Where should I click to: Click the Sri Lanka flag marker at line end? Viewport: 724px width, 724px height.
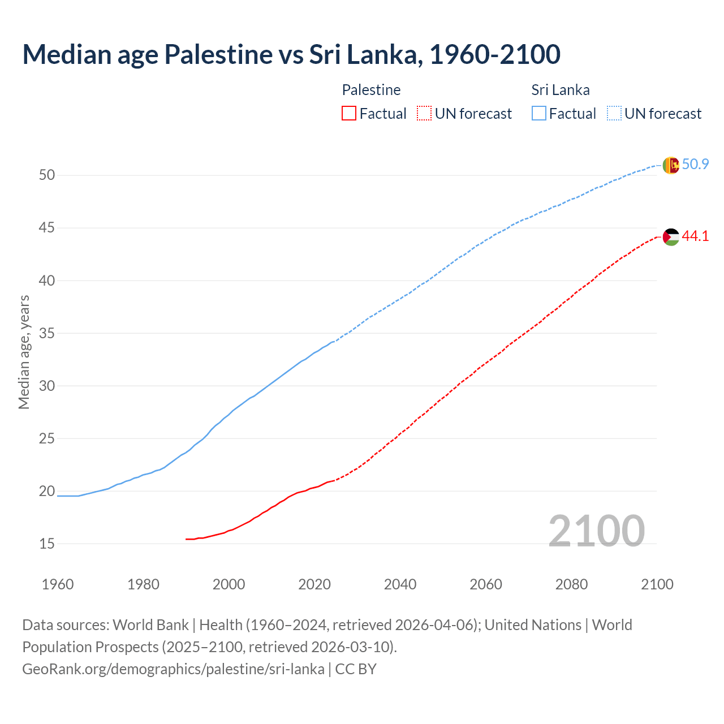[670, 165]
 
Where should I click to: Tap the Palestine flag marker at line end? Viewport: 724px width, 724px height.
[670, 236]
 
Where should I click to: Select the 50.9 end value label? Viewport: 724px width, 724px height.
[695, 165]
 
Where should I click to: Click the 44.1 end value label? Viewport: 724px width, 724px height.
[695, 236]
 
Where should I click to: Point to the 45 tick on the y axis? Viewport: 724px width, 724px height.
[47, 228]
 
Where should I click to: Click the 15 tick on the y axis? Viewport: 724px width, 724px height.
[47, 544]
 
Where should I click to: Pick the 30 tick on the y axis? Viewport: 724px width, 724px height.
[47, 386]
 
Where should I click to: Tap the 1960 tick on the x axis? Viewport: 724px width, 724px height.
[58, 584]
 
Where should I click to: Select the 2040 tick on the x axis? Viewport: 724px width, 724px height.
[400, 584]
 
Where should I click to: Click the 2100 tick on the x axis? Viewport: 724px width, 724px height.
[657, 584]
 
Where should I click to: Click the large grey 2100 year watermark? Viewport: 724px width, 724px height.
[596, 531]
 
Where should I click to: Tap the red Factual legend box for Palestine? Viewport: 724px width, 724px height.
[349, 114]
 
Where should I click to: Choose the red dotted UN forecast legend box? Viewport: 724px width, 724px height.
[424, 114]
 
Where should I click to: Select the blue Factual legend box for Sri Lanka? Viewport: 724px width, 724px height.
[539, 114]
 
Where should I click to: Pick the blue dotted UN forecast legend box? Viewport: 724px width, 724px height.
[614, 114]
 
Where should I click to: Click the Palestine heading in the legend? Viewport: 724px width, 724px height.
[371, 90]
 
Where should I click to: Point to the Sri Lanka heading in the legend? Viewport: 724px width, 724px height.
[561, 90]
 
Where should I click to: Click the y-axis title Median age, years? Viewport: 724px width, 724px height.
[24, 352]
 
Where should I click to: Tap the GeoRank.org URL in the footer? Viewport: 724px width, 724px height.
[173, 669]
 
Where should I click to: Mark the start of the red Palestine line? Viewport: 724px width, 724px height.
[186, 539]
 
